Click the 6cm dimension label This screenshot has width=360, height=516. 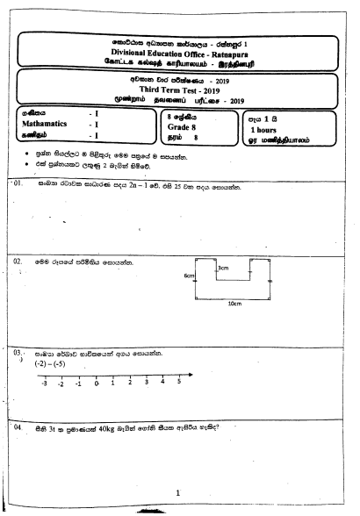coord(188,276)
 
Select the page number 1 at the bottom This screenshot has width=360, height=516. coord(178,493)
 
